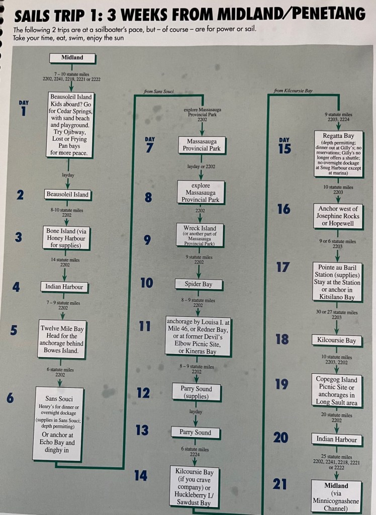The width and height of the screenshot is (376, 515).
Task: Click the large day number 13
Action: pyautogui.click(x=142, y=431)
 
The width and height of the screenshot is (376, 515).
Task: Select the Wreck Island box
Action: pyautogui.click(x=199, y=235)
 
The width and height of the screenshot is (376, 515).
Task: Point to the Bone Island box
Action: pyautogui.click(x=66, y=238)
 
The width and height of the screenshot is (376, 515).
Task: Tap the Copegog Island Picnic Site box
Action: pyautogui.click(x=337, y=391)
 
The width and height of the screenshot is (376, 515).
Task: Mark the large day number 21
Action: pyautogui.click(x=280, y=484)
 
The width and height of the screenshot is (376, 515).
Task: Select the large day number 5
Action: pyautogui.click(x=14, y=330)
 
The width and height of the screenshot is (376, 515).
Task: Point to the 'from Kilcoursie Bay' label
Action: pyautogui.click(x=293, y=91)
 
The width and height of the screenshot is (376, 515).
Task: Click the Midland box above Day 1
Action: pyautogui.click(x=72, y=58)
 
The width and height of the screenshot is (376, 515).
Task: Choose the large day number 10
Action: pyautogui.click(x=147, y=283)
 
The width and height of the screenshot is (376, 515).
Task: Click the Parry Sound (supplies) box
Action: pyautogui.click(x=197, y=392)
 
